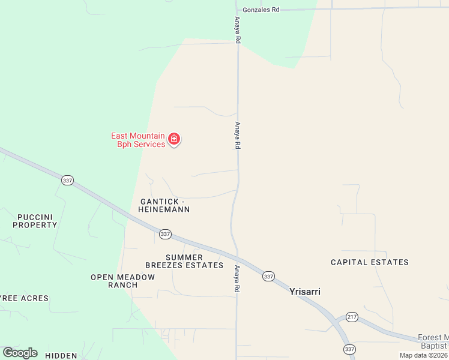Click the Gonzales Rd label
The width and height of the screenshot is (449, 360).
tap(261, 10)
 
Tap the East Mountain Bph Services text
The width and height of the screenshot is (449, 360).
tap(138, 140)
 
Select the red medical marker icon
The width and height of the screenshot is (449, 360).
tap(174, 140)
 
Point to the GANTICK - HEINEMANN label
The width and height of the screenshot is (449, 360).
tap(164, 205)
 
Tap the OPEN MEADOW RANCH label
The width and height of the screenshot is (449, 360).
tap(122, 281)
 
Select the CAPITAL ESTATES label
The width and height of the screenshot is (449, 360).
tap(370, 262)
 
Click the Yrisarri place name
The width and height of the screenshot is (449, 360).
tap(305, 292)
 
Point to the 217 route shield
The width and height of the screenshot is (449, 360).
tap(352, 316)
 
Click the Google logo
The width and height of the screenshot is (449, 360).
tap(20, 353)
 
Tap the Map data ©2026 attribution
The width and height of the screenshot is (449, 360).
tap(423, 355)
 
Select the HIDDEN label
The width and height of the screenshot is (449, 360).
tap(61, 356)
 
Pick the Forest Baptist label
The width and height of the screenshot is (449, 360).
tap(433, 341)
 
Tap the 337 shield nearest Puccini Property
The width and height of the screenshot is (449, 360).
tap(68, 180)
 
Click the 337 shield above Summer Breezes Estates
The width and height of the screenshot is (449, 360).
tap(165, 234)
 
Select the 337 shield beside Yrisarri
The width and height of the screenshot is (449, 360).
tap(268, 276)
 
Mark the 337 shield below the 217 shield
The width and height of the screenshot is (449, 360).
tap(349, 349)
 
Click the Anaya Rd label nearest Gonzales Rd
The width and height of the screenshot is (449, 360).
tap(238, 30)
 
